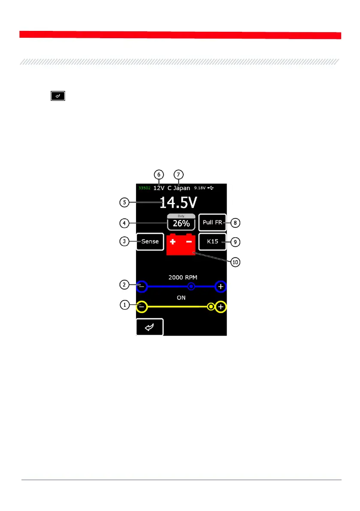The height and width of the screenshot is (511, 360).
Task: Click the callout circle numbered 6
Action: [x=159, y=175]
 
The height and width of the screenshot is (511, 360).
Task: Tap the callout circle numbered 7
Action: [x=178, y=175]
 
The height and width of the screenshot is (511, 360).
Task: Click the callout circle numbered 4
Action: [x=124, y=223]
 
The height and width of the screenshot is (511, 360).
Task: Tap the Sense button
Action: [x=150, y=241]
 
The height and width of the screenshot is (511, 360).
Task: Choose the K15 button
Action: [x=212, y=242]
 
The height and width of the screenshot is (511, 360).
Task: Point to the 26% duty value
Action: [x=181, y=224]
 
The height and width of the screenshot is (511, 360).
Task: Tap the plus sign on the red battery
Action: [x=174, y=242]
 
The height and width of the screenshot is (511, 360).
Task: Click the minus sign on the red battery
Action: [x=189, y=242]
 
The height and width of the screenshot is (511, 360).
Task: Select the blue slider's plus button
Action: [x=221, y=286]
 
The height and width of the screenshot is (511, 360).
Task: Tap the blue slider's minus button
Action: [x=142, y=286]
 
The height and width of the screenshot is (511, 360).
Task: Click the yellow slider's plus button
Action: [x=221, y=307]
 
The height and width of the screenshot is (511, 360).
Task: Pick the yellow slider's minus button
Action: [x=142, y=307]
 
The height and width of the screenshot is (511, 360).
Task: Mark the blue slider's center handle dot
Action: [x=192, y=286]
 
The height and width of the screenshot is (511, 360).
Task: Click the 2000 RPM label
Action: [x=181, y=277]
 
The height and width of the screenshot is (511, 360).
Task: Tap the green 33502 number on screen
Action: [x=143, y=188]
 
